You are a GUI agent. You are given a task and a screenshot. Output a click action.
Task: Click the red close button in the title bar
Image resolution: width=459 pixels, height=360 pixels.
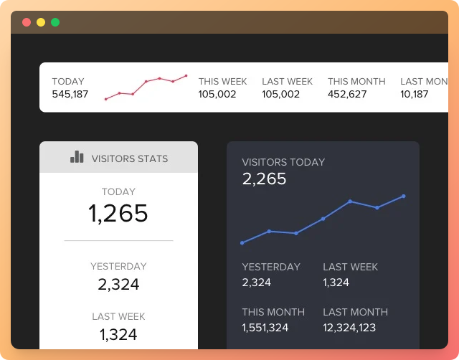coord(27,22)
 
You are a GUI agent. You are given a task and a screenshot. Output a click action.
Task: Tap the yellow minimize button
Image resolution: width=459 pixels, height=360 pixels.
coord(41,22)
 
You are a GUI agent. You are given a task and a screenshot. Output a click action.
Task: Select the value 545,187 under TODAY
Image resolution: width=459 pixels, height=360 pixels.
coord(70,94)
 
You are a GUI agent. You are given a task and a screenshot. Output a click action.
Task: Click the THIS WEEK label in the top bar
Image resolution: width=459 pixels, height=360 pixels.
coord(223,82)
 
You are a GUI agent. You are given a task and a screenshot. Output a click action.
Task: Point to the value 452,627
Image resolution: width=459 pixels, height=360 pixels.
coord(347,94)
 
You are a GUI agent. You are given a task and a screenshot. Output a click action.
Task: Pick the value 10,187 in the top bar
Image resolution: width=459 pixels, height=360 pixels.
coord(415,94)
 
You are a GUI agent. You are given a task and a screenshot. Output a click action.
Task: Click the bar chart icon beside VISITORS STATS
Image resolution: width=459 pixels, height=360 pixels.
coord(77,157)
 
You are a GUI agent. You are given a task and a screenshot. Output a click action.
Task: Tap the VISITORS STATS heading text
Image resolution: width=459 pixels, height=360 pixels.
coord(130,158)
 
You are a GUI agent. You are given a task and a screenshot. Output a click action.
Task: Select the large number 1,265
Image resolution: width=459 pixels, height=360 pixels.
coord(118,214)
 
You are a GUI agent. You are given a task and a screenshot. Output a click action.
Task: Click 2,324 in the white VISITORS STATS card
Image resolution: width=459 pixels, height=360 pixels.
coord(118,285)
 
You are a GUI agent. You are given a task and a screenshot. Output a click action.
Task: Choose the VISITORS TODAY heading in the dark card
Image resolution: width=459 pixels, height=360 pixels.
coord(283,163)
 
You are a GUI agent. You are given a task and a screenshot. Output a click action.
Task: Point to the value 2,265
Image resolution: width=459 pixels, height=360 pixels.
coord(265,179)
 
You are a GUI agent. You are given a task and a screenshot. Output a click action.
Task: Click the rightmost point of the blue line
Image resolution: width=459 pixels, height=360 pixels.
coord(404,196)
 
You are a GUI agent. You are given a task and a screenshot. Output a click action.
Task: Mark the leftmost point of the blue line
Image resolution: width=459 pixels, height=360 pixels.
coord(242,243)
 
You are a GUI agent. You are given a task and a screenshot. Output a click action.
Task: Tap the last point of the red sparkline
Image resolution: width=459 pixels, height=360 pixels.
coord(186,75)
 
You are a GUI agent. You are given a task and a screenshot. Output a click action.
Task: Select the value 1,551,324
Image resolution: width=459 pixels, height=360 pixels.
coord(265,328)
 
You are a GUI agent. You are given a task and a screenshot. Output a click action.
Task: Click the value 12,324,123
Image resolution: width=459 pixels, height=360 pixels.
coord(349,328)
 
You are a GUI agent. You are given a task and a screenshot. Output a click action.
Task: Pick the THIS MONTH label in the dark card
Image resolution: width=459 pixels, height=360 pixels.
coord(273,313)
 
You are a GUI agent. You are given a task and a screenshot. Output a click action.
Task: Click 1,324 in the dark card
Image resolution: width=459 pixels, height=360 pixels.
coord(336,283)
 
